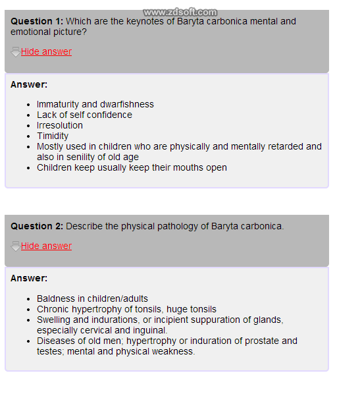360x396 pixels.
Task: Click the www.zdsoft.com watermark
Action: click(180, 12)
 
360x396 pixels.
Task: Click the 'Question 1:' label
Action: click(37, 21)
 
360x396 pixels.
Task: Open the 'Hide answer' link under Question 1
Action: click(46, 51)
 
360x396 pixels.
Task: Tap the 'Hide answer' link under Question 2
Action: click(46, 246)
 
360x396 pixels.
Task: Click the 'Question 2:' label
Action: click(37, 226)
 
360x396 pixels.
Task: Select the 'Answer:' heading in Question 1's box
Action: click(29, 84)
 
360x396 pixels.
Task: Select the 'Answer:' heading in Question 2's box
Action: click(29, 278)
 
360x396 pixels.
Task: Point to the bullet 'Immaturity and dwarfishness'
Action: click(95, 104)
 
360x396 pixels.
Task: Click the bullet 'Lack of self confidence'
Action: click(84, 115)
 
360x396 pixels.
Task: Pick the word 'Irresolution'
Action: click(60, 125)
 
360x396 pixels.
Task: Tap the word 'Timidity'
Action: click(53, 136)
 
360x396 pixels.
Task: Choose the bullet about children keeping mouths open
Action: click(132, 167)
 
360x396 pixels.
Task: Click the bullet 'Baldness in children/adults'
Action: click(92, 298)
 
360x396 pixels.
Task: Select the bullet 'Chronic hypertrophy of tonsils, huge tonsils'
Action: click(126, 309)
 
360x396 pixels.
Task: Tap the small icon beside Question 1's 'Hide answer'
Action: click(15, 51)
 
